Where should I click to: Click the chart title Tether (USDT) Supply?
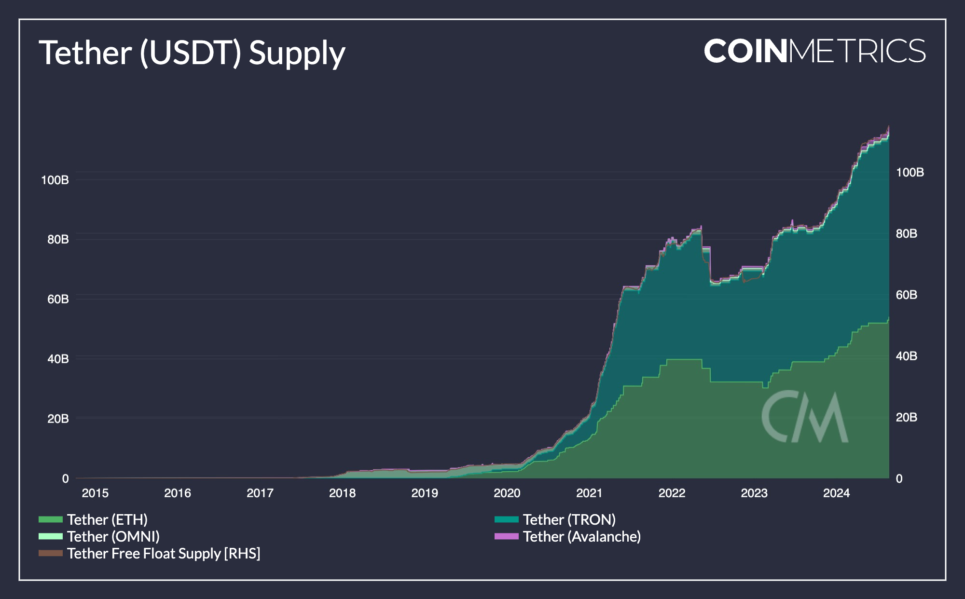(192, 53)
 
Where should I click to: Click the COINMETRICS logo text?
(814, 51)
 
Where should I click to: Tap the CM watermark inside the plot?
(805, 417)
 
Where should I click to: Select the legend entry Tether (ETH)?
(107, 519)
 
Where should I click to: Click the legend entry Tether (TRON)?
(569, 519)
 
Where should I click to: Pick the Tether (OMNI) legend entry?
(113, 536)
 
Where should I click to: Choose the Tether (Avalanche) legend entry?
(582, 536)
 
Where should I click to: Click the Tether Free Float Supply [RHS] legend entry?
(164, 553)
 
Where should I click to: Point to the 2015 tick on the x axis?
(95, 493)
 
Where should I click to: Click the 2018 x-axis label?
(342, 493)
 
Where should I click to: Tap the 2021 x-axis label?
(589, 493)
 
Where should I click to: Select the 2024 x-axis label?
(836, 493)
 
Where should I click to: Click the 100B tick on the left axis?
(55, 180)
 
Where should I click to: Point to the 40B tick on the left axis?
(58, 359)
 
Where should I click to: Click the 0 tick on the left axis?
(66, 478)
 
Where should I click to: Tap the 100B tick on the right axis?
(910, 172)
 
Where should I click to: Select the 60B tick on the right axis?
(906, 295)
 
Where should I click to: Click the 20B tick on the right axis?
(906, 417)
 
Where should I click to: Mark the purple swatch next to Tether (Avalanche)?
(506, 536)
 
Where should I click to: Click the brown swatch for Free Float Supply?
(51, 553)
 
